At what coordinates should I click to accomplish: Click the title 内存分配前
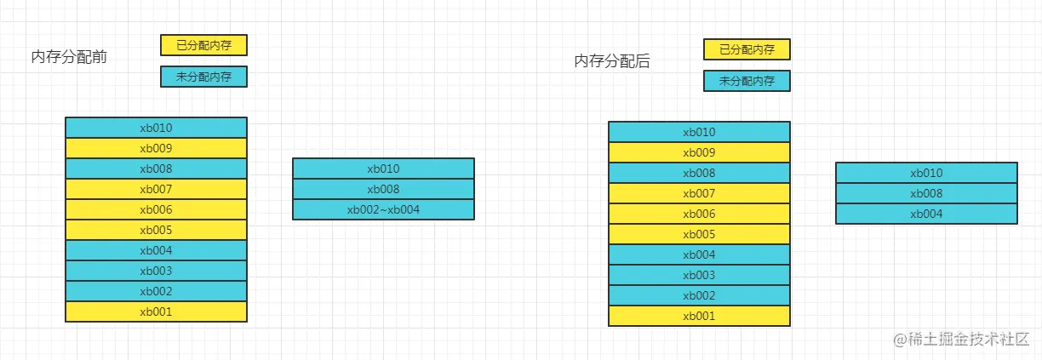(x=68, y=57)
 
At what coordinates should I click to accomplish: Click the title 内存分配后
(x=612, y=61)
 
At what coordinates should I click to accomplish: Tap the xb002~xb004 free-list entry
(x=383, y=209)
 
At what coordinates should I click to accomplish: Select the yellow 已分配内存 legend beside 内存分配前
(x=203, y=45)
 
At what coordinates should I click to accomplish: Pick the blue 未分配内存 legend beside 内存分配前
(x=203, y=77)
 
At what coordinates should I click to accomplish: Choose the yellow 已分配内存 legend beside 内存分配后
(x=747, y=49)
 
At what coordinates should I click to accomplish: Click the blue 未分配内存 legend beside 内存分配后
(x=747, y=81)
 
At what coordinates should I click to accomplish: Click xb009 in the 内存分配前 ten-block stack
(x=156, y=148)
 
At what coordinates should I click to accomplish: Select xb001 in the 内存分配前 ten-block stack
(x=156, y=311)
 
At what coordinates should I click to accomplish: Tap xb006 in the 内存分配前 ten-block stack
(x=156, y=209)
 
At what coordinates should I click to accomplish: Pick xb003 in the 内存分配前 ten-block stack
(x=156, y=271)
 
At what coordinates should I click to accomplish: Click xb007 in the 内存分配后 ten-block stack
(x=699, y=193)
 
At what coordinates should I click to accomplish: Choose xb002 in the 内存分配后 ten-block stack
(x=699, y=295)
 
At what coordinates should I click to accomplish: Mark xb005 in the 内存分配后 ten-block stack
(x=699, y=234)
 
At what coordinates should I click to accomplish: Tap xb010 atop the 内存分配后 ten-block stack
(x=699, y=132)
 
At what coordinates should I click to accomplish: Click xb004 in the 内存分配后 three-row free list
(x=926, y=214)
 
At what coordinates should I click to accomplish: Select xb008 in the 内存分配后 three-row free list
(x=926, y=193)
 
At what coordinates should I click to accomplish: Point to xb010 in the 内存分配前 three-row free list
(x=383, y=169)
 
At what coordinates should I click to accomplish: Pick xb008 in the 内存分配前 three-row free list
(x=383, y=189)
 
